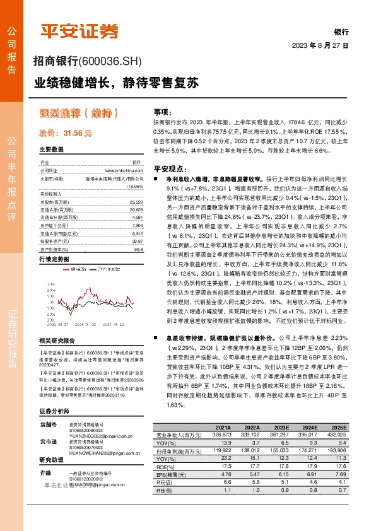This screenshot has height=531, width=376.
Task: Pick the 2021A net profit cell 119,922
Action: tap(220, 450)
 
